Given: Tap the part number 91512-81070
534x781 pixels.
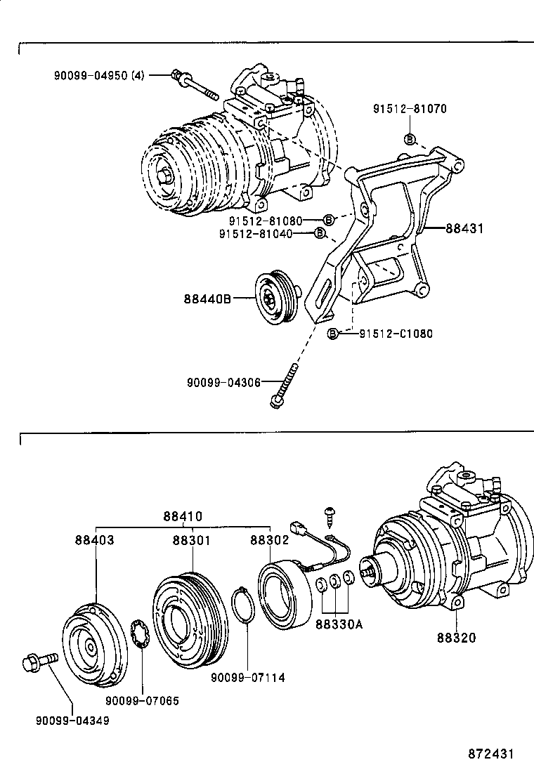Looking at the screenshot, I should click(410, 109).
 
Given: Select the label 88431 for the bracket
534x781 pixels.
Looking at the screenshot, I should click(464, 228).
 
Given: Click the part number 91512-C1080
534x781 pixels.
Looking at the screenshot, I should click(386, 333).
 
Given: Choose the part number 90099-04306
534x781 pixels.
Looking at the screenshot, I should click(224, 382).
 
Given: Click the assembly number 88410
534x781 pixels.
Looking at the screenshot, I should click(183, 516).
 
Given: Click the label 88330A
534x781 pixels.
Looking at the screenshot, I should click(339, 624).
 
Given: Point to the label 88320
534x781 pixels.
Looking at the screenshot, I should click(456, 638).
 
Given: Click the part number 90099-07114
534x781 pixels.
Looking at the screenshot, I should click(248, 677).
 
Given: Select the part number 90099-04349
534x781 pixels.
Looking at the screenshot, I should click(73, 720).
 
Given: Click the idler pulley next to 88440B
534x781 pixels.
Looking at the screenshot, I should click(271, 298).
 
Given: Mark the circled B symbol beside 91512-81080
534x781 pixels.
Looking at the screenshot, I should click(328, 220).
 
